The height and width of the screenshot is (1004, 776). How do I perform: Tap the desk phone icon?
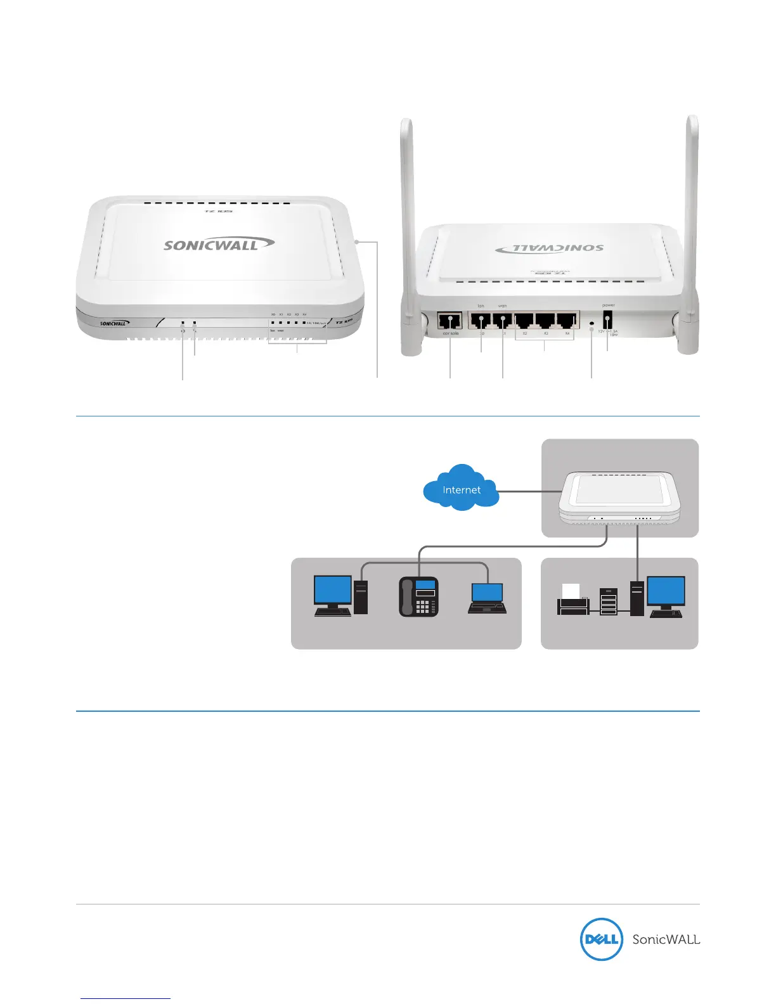[x=418, y=596]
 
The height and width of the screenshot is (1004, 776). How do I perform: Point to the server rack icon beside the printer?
[x=608, y=602]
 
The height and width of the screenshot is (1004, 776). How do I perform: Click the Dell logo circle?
[x=600, y=939]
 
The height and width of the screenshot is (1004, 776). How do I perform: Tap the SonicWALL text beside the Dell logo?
[x=666, y=939]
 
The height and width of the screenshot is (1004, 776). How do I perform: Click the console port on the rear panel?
[x=450, y=320]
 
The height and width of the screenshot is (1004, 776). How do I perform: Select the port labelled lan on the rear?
[x=481, y=320]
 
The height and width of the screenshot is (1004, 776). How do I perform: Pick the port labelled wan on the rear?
[x=503, y=320]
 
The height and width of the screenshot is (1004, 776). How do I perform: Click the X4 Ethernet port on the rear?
[x=567, y=320]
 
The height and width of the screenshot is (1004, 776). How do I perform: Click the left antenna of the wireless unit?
[x=406, y=209]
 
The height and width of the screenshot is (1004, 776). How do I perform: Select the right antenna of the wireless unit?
[x=692, y=209]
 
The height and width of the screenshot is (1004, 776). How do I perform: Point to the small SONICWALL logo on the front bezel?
[x=115, y=323]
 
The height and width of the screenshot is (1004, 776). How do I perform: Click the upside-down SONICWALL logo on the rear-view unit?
[x=549, y=248]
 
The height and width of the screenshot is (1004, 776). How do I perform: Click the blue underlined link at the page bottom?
[x=126, y=998]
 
